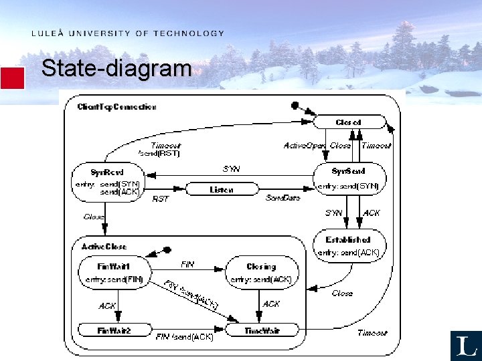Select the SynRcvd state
coord(107,180)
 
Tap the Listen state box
coord(222,190)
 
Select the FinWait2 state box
coord(114,330)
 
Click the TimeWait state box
coord(261,330)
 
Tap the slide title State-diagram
coord(116,68)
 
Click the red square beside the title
coord(12,78)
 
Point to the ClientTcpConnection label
coord(116,107)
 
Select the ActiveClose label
coord(104,247)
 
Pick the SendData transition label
coord(283,199)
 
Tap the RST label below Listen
coord(161,199)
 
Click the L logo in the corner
coord(465,346)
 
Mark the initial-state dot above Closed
coord(294,105)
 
